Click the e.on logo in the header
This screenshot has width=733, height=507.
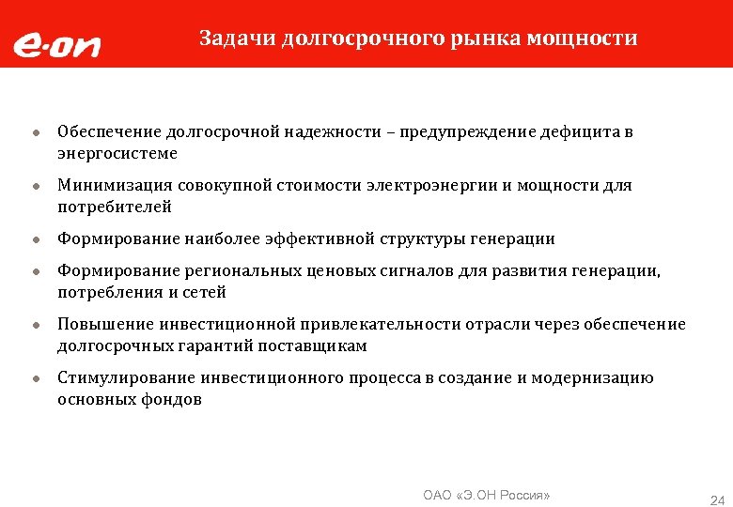[55, 45]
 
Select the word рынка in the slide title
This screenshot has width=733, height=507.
[487, 38]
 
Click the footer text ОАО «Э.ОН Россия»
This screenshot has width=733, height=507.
[487, 494]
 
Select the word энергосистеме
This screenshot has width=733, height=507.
[117, 153]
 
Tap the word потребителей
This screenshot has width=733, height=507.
[115, 207]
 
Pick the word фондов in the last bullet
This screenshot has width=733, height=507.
[172, 399]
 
